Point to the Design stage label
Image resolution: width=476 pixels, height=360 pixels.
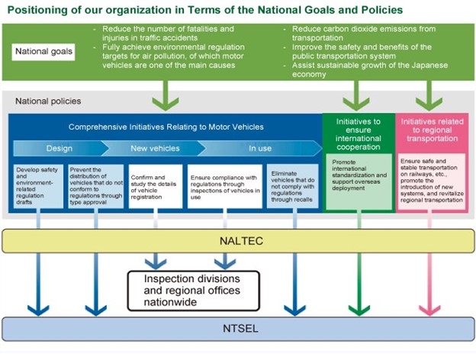pyautogui.click(x=59, y=148)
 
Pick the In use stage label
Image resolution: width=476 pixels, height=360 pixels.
pyautogui.click(x=260, y=148)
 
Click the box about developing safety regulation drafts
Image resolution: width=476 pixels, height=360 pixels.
pyautogui.click(x=39, y=186)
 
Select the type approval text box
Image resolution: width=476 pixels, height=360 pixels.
pyautogui.click(x=95, y=186)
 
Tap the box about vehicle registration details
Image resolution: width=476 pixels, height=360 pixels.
pyautogui.click(x=156, y=186)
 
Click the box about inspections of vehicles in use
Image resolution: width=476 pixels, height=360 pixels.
pyautogui.click(x=225, y=186)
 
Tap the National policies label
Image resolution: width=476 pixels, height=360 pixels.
pyautogui.click(x=48, y=101)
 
